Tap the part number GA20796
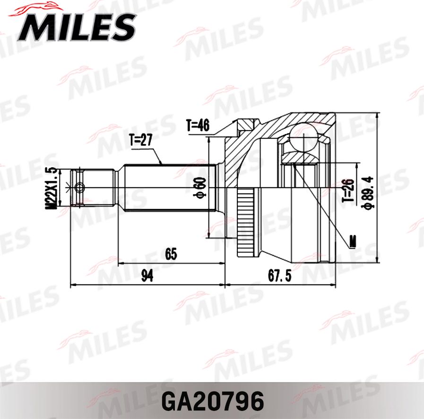212,401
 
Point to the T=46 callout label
198,126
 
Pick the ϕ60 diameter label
200,187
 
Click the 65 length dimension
171,254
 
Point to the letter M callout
353,242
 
